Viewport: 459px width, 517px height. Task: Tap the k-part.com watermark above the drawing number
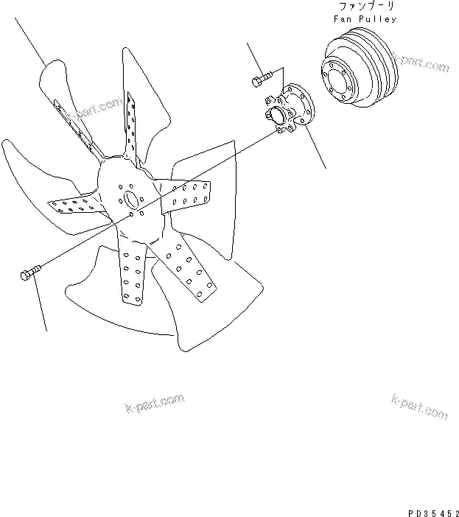click(418, 407)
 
